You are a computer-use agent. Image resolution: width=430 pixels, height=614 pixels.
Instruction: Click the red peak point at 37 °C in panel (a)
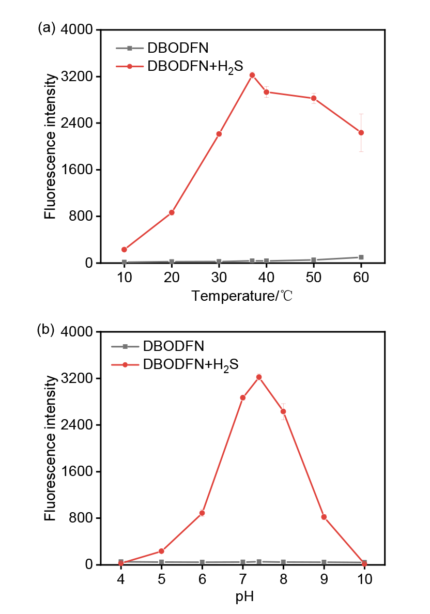(x=252, y=75)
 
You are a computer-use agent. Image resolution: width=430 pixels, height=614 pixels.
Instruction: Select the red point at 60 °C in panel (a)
(x=361, y=133)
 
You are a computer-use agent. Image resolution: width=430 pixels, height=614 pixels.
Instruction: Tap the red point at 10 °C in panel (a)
(x=124, y=250)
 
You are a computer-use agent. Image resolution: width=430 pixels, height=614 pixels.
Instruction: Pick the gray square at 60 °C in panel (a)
(x=361, y=257)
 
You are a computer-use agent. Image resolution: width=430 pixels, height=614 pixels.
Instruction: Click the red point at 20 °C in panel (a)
(x=172, y=212)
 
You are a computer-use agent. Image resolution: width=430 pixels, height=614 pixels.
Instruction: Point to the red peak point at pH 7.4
(x=259, y=377)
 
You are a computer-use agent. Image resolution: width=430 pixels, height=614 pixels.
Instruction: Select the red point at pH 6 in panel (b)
(x=202, y=513)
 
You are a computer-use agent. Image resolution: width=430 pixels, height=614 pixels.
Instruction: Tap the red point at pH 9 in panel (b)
(x=324, y=517)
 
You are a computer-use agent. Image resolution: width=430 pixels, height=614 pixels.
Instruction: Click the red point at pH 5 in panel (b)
(x=161, y=551)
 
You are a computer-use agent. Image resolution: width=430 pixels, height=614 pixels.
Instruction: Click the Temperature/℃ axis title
(x=242, y=296)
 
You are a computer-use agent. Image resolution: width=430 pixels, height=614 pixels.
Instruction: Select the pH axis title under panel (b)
(x=244, y=597)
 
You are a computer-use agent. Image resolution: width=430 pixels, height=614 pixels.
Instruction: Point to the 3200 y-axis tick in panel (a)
(x=77, y=76)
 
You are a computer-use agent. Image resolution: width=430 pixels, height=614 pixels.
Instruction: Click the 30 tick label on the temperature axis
(x=219, y=277)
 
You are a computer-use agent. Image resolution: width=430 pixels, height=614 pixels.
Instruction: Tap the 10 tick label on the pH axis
(x=364, y=579)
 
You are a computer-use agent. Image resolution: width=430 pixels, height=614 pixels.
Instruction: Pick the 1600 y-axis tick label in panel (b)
(x=77, y=471)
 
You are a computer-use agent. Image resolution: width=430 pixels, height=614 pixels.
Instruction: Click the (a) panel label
(x=46, y=28)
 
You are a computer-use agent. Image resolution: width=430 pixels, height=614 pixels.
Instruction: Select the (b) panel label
(x=45, y=330)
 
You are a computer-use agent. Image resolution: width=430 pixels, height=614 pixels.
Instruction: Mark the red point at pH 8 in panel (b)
(x=283, y=411)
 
